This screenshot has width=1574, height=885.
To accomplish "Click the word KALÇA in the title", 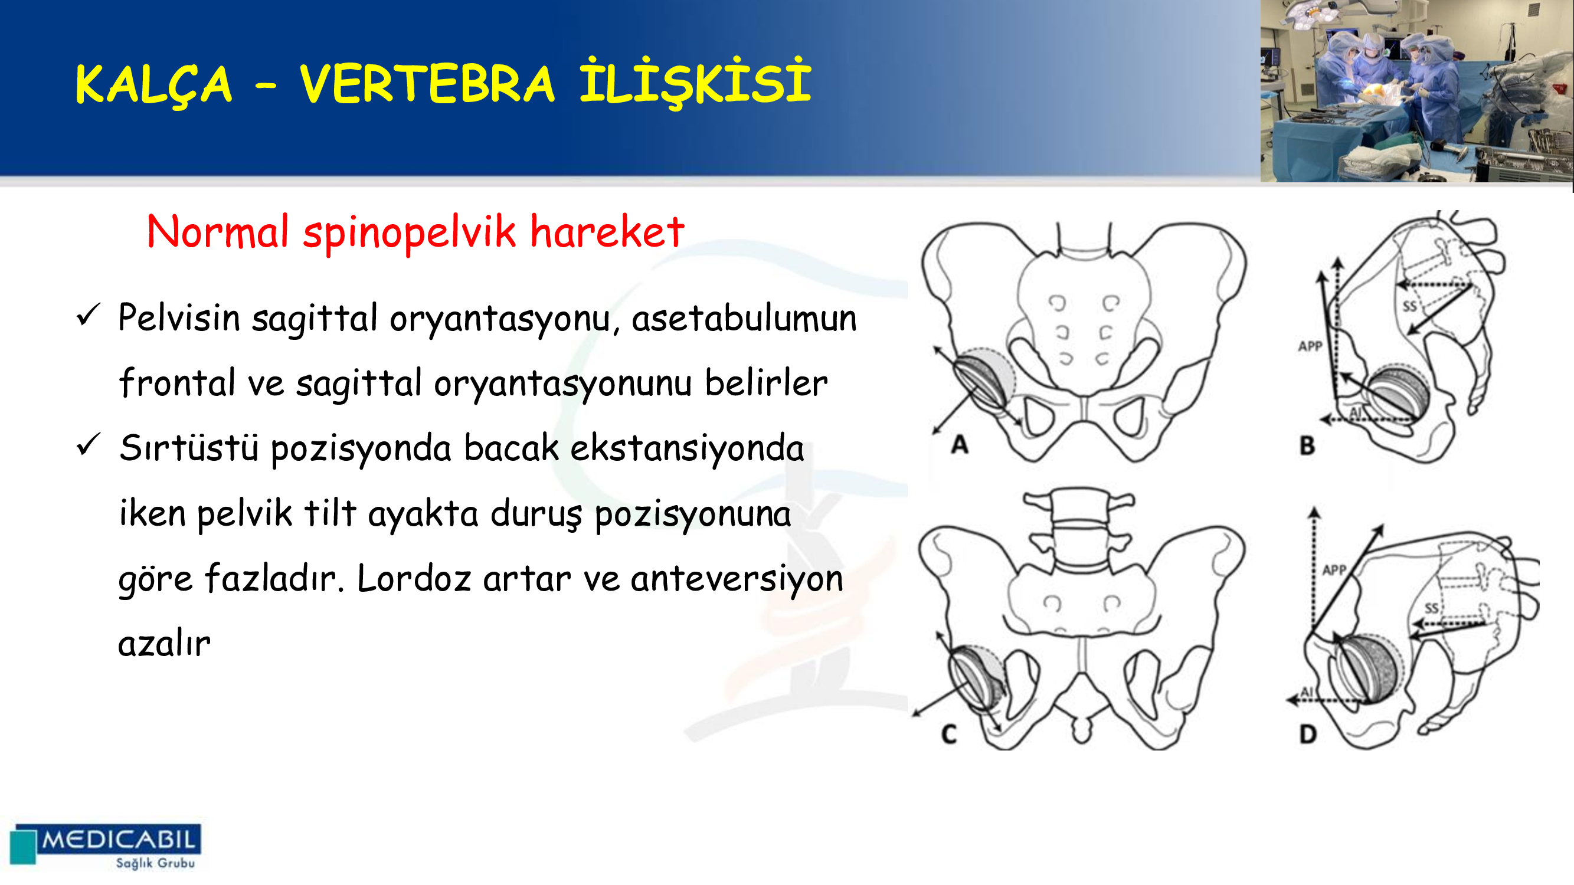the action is point(153,85).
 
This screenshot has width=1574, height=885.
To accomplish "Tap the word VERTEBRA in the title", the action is point(427,84).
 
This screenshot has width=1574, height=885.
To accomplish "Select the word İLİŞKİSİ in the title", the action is point(695,82).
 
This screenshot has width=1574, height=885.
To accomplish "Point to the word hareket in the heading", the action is point(607,231).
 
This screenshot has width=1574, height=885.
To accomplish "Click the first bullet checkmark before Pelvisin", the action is point(88,315).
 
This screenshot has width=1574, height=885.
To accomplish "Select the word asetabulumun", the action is point(744,318).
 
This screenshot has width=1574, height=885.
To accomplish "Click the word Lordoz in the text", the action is point(414,577).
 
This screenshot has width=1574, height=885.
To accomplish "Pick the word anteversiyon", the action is point(737,578).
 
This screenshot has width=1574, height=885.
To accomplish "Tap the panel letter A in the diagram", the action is point(960,445).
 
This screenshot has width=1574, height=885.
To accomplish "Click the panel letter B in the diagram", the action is point(1307,446).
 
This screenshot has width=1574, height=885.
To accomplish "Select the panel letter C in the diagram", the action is point(949,734).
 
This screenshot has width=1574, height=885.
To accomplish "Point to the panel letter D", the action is point(1308,734).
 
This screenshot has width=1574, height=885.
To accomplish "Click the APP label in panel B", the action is point(1310,346).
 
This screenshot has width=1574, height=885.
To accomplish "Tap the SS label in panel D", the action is point(1432,608).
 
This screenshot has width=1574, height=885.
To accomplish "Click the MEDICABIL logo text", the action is point(119,839).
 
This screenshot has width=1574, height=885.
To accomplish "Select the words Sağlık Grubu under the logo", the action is point(155,863).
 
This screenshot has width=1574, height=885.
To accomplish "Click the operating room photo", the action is point(1416,91).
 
